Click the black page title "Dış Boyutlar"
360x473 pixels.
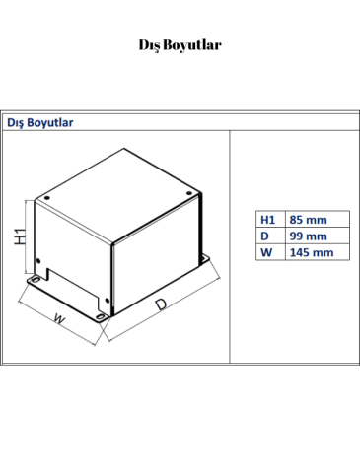click(180, 45)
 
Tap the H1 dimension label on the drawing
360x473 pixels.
click(20, 237)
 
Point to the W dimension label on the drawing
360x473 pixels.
click(58, 319)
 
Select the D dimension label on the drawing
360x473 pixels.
click(161, 306)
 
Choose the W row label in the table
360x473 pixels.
click(266, 252)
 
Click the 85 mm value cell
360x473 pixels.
click(307, 219)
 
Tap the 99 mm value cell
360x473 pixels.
click(307, 236)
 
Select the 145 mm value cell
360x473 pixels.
click(310, 252)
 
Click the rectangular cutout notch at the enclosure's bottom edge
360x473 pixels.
click(73, 286)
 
